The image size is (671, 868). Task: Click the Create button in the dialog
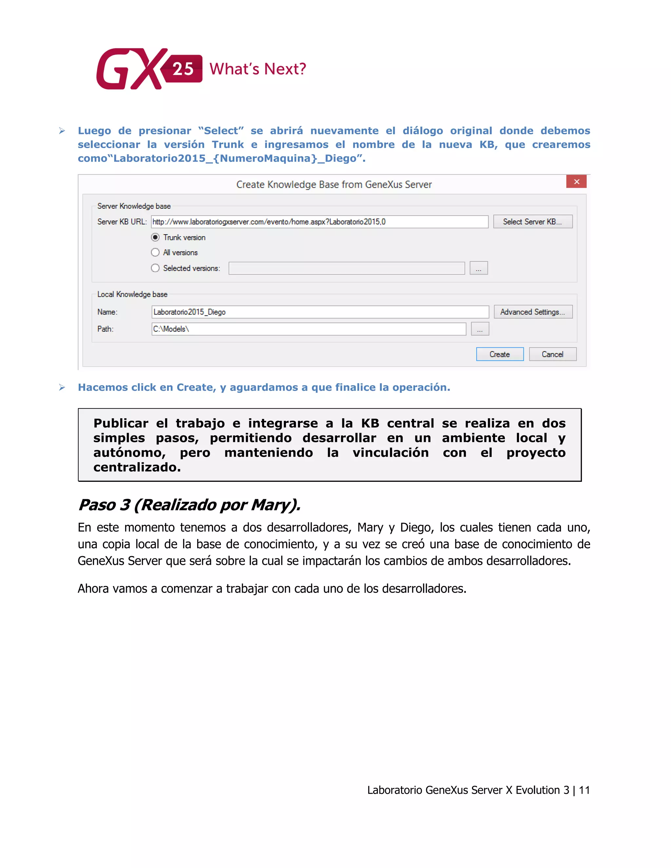click(x=499, y=354)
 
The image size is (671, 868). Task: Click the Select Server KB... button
click(x=532, y=222)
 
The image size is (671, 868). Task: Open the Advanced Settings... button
click(x=533, y=312)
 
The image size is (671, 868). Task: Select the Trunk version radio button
click(x=155, y=237)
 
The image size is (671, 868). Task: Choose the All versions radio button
click(x=155, y=252)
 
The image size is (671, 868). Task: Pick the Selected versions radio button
click(x=155, y=268)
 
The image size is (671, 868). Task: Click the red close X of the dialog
click(x=576, y=182)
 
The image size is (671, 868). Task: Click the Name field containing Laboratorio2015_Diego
click(x=320, y=312)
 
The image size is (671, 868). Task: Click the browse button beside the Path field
click(x=480, y=329)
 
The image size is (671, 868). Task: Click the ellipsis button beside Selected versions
click(x=479, y=268)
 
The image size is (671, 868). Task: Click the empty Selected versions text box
click(x=346, y=268)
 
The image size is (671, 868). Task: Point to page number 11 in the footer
click(x=584, y=790)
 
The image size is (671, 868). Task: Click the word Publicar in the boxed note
click(x=121, y=423)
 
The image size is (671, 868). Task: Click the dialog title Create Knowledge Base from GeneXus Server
click(x=334, y=184)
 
